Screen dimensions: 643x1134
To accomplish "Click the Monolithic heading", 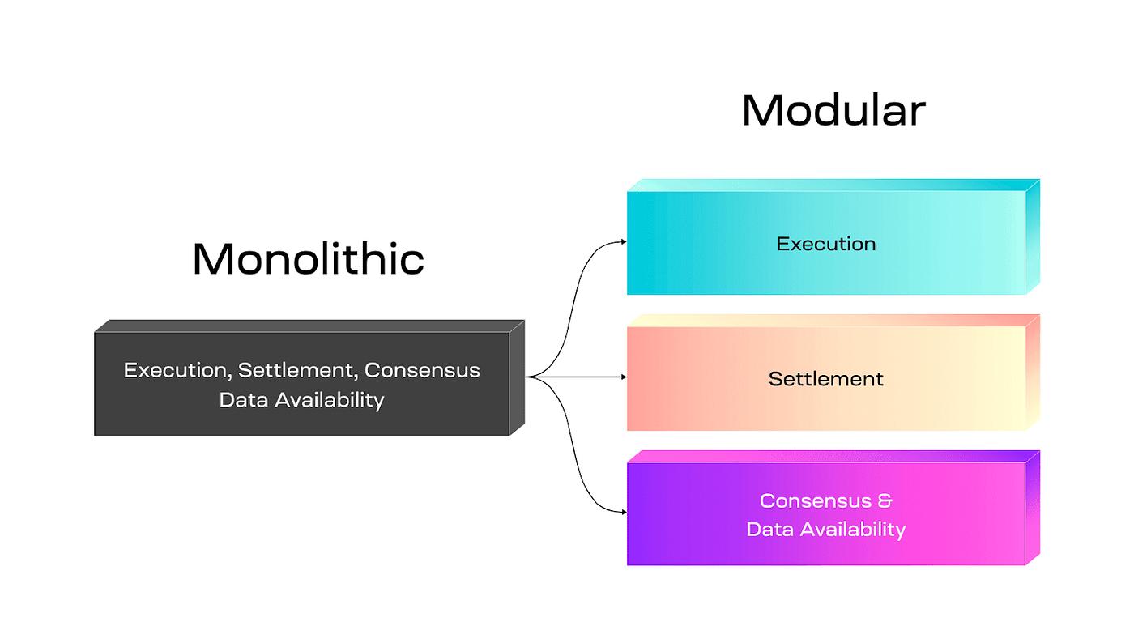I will point(309,259).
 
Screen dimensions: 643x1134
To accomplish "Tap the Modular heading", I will point(833,110).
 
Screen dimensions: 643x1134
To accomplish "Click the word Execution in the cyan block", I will point(826,244).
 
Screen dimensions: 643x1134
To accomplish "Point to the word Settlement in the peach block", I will point(826,379).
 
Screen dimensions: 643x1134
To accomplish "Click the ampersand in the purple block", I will point(885,500).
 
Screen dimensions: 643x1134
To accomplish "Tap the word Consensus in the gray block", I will point(422,371).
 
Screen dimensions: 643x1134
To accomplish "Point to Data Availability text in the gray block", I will point(301,400).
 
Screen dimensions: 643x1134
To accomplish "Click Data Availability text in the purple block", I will point(826,530).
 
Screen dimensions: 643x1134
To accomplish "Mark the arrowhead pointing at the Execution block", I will point(623,241).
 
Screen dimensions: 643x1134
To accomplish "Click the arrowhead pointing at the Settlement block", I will point(623,377).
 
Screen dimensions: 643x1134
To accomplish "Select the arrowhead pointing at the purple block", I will point(623,512).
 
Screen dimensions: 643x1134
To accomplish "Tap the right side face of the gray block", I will point(517,377).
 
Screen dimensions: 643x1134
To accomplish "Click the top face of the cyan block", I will point(830,185).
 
